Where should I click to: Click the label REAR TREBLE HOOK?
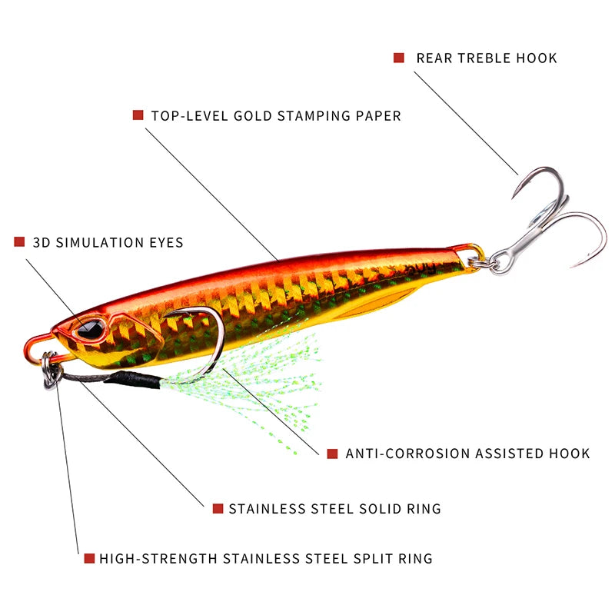point(487,58)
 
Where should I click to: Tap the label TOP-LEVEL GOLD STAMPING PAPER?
point(276,116)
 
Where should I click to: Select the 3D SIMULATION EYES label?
point(108,242)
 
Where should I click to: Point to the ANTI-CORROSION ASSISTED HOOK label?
point(467,454)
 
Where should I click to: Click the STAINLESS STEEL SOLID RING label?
point(334,508)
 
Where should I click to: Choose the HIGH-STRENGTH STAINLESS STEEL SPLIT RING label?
point(266,559)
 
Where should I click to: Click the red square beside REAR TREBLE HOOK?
point(399,58)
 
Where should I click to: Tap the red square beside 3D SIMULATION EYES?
point(19,242)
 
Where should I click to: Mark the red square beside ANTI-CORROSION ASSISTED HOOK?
point(332,454)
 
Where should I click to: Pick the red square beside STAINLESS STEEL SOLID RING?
point(217,508)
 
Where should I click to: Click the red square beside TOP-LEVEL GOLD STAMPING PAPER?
point(138,115)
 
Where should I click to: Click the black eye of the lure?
point(90,329)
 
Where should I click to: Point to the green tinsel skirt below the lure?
point(269,384)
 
